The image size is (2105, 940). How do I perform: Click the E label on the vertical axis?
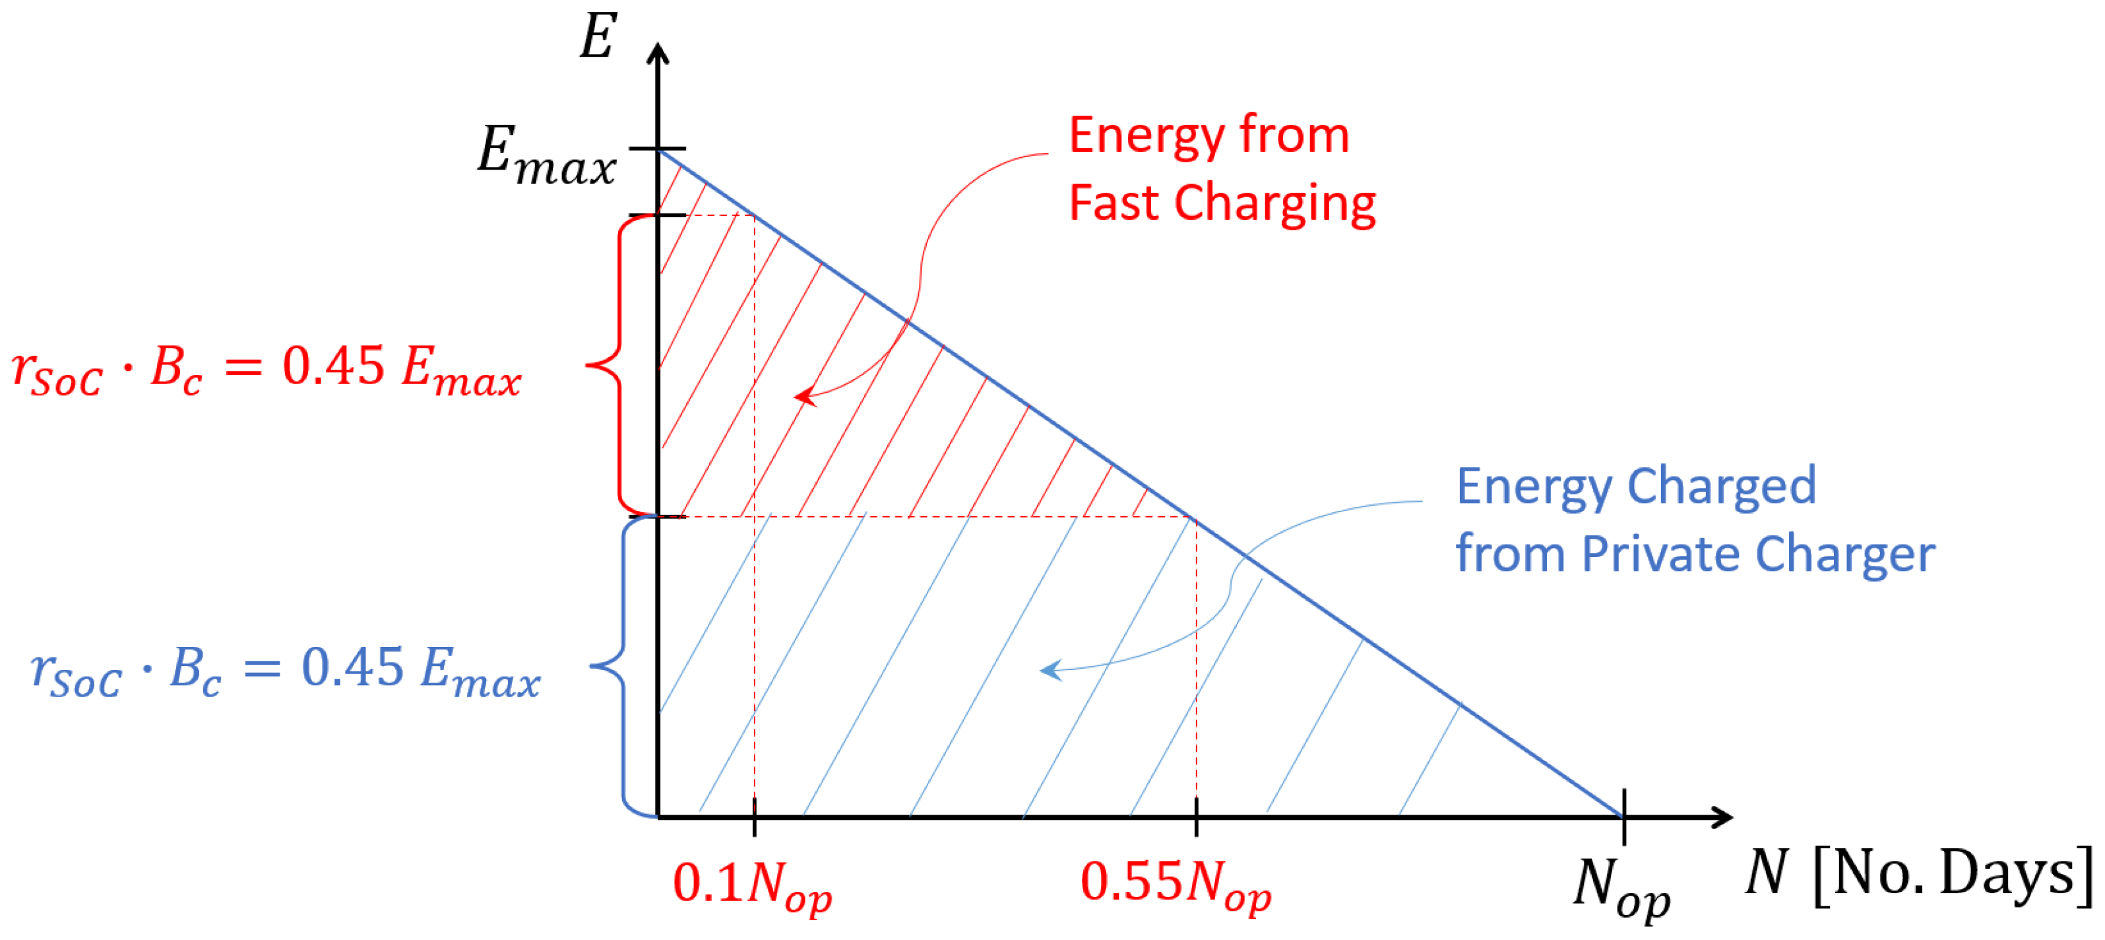(x=598, y=38)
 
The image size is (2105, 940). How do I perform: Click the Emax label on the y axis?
(x=546, y=155)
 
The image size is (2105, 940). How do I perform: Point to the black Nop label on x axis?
(x=1621, y=888)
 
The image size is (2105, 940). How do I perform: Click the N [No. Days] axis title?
(x=1917, y=875)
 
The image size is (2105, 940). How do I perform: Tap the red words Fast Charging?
(x=1222, y=203)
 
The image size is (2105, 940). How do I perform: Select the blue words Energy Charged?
(x=1636, y=487)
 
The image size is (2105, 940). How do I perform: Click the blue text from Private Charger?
(x=1695, y=554)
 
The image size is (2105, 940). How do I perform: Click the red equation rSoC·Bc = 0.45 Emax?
(x=267, y=370)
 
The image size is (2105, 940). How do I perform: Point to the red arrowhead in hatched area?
(x=804, y=397)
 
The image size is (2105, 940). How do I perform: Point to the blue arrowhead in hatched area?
(x=1050, y=670)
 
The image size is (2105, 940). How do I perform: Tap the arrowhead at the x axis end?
(x=1722, y=817)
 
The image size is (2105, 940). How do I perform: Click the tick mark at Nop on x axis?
(x=1623, y=817)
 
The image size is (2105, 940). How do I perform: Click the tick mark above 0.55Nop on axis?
(x=1197, y=817)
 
